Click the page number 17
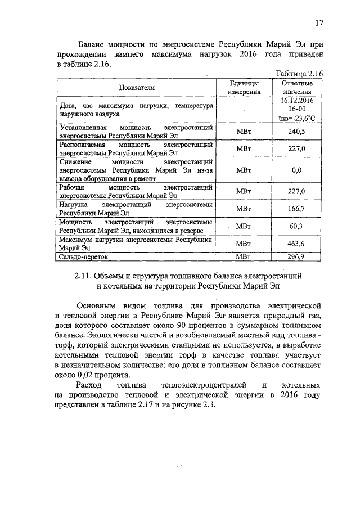pyautogui.click(x=319, y=23)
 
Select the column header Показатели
pyautogui.click(x=137, y=87)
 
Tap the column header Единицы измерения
pyautogui.click(x=244, y=87)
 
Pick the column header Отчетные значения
pyautogui.click(x=297, y=87)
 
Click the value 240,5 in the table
pyautogui.click(x=296, y=132)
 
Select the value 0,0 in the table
pyautogui.click(x=296, y=170)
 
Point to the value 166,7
pyautogui.click(x=296, y=209)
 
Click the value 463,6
pyautogui.click(x=296, y=244)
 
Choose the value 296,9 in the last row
pyautogui.click(x=296, y=257)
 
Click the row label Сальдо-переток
pyautogui.click(x=83, y=257)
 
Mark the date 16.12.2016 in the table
pyautogui.click(x=297, y=100)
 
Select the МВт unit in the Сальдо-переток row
pyautogui.click(x=244, y=257)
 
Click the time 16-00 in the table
pyautogui.click(x=297, y=109)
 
